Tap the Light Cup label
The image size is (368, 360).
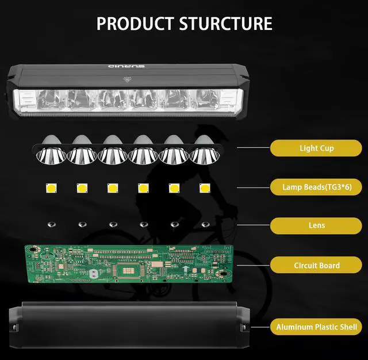[316, 148]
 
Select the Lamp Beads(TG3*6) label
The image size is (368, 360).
[316, 187]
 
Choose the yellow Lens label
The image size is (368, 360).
[316, 225]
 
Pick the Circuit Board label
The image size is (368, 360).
[316, 266]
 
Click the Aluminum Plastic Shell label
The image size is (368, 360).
[316, 327]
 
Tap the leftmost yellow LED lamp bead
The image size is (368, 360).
[50, 187]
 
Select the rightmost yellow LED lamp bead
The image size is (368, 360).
[204, 187]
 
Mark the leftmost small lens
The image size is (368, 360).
[51, 224]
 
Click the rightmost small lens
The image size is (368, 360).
[205, 224]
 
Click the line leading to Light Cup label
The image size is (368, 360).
[253, 148]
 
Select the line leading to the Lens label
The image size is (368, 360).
[253, 225]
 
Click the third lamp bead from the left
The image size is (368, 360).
[112, 187]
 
